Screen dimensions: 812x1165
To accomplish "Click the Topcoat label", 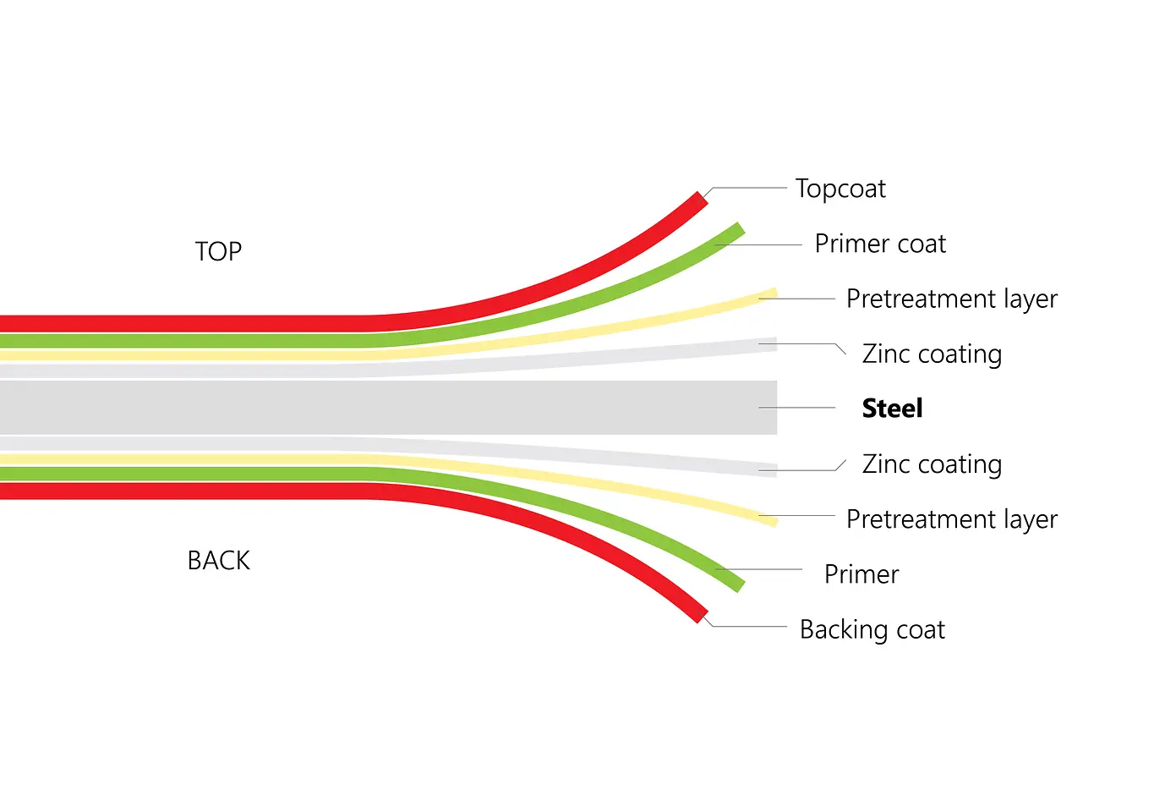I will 840,189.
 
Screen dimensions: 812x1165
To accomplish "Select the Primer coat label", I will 880,244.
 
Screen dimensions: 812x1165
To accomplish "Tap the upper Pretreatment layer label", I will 951,299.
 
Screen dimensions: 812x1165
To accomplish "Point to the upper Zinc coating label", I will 932,354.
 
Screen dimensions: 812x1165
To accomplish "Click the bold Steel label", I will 892,409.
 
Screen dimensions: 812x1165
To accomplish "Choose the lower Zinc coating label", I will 932,464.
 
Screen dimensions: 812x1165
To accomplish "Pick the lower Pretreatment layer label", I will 951,518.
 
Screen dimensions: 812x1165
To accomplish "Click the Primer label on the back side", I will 861,574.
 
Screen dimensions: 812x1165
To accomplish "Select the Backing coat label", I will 872,629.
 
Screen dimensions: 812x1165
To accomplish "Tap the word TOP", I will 218,251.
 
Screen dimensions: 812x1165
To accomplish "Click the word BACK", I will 218,561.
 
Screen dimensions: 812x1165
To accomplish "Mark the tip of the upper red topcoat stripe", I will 701,200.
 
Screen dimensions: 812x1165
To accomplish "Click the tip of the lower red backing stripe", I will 701,615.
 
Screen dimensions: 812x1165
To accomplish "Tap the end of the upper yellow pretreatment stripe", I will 772,294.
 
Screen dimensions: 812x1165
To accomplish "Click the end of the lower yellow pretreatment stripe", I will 772,520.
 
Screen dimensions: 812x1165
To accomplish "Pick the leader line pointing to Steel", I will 797,408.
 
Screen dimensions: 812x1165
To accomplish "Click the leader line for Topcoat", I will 748,188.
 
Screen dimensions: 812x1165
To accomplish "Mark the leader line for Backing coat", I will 748,627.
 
